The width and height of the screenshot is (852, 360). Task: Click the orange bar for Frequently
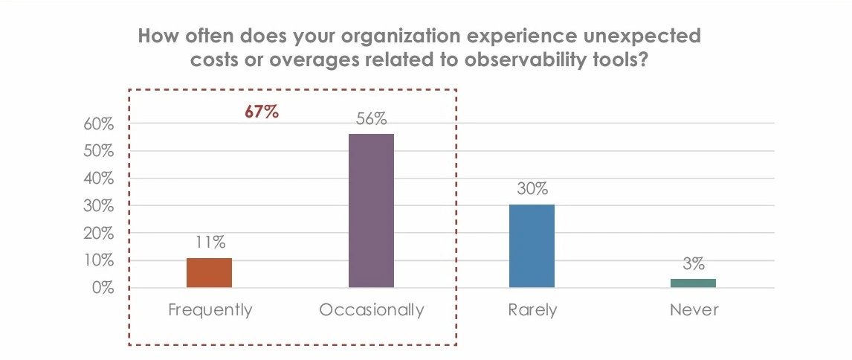coord(209,273)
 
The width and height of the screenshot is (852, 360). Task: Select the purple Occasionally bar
coord(371,210)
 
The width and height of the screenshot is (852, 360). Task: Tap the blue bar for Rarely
coord(532,246)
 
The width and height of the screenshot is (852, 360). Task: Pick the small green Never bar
coord(693,283)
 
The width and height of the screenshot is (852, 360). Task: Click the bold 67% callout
coord(262,112)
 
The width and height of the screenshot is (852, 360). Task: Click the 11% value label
coord(209,242)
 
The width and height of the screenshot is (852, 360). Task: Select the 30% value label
coord(532,189)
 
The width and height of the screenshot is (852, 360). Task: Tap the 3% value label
coord(693,263)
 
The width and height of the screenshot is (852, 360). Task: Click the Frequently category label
coord(210,310)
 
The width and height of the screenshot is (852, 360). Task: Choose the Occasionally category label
coord(371,310)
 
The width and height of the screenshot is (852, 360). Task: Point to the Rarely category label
coord(532,310)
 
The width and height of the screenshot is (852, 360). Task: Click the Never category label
coord(694,310)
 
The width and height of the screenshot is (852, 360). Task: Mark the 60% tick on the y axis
coord(98,124)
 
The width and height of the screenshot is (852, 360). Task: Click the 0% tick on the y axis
coord(102,288)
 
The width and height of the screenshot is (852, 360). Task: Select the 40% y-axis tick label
coord(98,179)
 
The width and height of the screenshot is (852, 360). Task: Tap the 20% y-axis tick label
coord(98,234)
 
